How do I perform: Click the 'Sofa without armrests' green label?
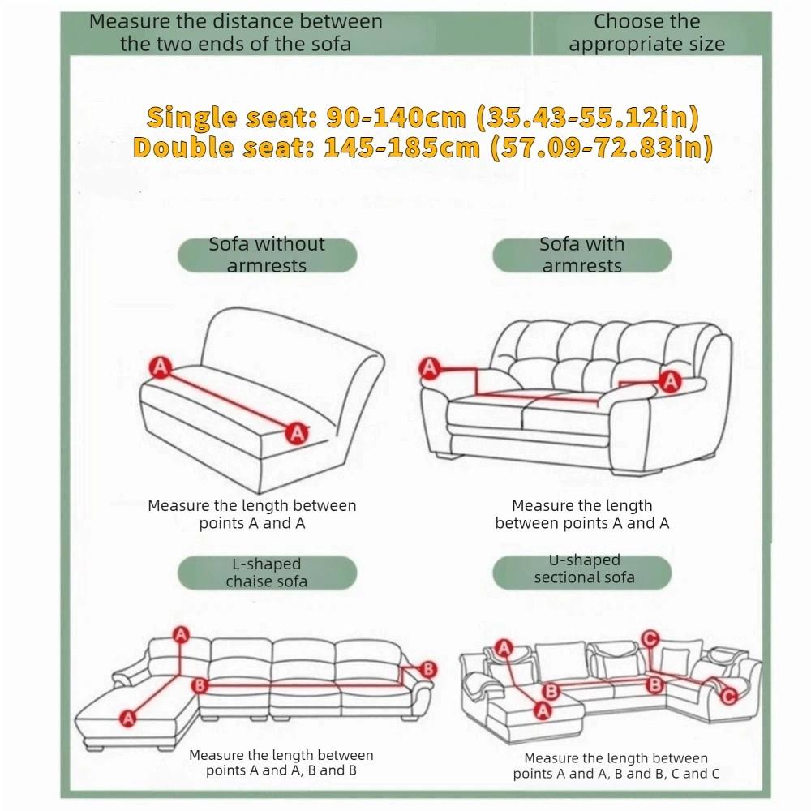267,255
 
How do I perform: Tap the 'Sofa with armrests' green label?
581,255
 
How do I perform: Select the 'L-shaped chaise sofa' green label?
267,573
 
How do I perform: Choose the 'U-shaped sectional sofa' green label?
581,569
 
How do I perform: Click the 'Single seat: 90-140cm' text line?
422,118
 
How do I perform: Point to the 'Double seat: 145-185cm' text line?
422,148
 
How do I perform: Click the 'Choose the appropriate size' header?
646,33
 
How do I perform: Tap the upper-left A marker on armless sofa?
161,367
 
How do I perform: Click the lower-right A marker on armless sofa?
298,433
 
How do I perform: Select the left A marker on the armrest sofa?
429,369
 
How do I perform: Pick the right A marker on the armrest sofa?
670,380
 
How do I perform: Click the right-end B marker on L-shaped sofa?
428,669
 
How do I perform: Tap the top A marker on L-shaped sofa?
180,634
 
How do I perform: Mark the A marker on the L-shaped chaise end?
127,717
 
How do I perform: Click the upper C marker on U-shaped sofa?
649,639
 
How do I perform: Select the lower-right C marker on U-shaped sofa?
727,695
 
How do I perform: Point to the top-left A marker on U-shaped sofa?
504,647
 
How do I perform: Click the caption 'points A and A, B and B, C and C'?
616,774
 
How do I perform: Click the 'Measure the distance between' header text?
235,22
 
